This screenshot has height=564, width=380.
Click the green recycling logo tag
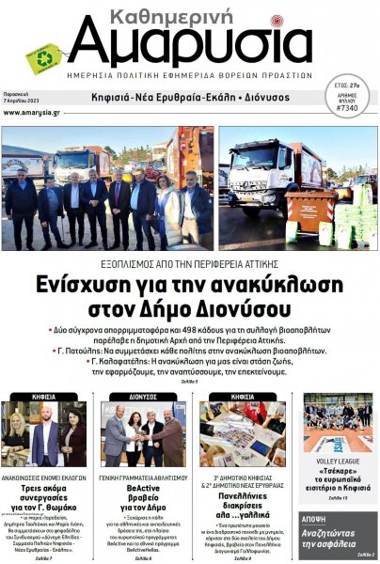click(42, 58)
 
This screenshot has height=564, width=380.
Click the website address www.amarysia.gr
click(29, 112)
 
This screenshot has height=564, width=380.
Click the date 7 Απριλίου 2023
click(21, 101)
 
